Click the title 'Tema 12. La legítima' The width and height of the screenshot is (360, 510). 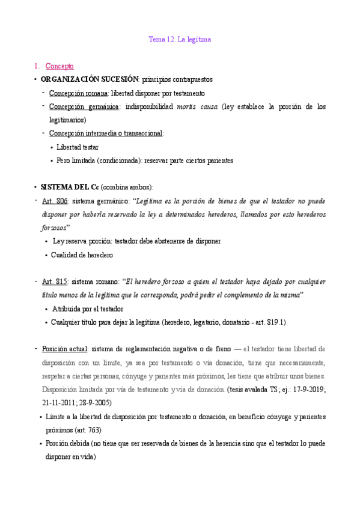tap(180, 40)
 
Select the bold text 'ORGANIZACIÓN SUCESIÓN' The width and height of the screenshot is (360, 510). tap(90, 79)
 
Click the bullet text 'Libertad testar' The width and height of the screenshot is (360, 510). tap(78, 147)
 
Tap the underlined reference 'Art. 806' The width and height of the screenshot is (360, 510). tap(56, 201)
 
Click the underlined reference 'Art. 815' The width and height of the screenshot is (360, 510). tap(56, 281)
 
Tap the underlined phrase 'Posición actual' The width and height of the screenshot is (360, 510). tap(65, 349)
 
